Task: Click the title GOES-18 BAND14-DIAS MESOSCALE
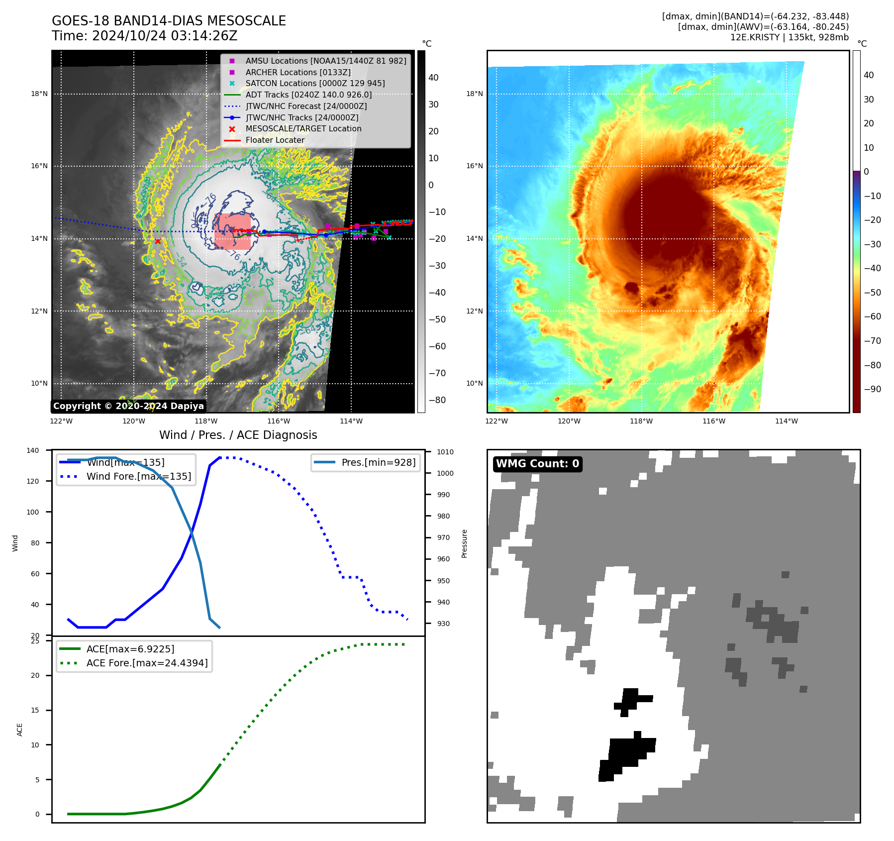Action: point(169,21)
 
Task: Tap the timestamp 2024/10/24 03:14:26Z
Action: point(165,36)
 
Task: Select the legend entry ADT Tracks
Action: point(308,95)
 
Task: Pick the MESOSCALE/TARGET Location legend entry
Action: point(303,128)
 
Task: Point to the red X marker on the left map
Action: point(158,241)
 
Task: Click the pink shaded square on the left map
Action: point(233,231)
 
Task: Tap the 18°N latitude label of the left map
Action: point(39,94)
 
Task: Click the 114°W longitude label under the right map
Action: point(786,421)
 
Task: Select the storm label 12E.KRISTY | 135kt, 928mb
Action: point(789,37)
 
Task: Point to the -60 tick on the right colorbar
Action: point(872,316)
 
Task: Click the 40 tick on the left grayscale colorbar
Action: point(433,77)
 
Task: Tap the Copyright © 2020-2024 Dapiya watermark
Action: point(128,406)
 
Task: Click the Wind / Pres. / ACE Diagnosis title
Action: point(238,435)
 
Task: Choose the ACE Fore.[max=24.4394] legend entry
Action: point(147,663)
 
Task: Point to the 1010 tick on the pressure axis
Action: point(445,452)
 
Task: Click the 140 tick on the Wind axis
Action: point(33,450)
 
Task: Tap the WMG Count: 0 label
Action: point(537,464)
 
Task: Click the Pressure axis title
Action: point(464,543)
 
